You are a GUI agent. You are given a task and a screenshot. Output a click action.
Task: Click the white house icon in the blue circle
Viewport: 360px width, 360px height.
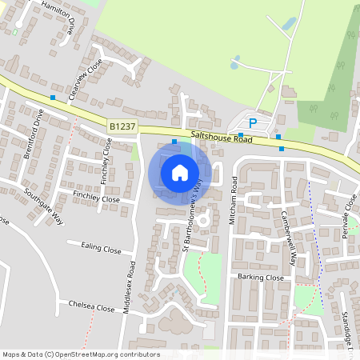[x=180, y=172]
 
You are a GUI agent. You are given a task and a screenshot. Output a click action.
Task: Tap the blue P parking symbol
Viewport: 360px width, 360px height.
[x=253, y=123]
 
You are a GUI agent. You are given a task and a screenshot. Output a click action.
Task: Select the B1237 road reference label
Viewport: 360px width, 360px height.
[x=122, y=126]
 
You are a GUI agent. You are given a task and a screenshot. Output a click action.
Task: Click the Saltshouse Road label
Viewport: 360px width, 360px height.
[x=222, y=138]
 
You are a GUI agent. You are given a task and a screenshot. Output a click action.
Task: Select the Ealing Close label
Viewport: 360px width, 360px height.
[x=100, y=249]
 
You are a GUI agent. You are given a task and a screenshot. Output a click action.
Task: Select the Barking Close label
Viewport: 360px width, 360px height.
[x=261, y=277]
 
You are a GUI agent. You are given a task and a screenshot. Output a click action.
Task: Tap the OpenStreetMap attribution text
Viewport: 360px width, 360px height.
[x=81, y=354]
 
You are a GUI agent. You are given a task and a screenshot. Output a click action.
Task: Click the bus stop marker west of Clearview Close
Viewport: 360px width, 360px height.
[x=54, y=98]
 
